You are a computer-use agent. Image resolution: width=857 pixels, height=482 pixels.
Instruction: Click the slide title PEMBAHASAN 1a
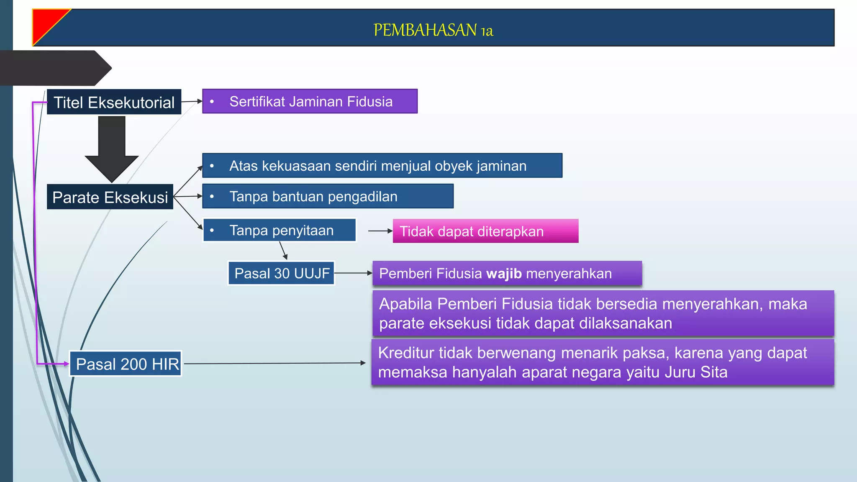pos(433,30)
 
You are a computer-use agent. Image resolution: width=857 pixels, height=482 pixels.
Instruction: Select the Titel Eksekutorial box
pos(114,102)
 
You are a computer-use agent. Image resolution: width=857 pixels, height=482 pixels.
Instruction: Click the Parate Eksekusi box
pos(110,197)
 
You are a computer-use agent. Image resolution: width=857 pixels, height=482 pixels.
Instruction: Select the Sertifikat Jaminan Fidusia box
pos(310,101)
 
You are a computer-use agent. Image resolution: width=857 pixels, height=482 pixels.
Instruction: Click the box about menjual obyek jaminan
pos(382,166)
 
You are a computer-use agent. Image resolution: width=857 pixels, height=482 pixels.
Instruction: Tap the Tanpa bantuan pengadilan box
pos(327,196)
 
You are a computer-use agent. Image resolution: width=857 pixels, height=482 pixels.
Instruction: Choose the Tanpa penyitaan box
pos(280,230)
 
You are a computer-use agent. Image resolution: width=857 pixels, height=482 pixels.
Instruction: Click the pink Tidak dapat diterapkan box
pos(485,231)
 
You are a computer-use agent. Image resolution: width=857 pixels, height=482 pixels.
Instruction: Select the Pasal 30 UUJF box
pos(281,273)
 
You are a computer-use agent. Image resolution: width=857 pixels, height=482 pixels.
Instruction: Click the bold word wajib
pos(503,274)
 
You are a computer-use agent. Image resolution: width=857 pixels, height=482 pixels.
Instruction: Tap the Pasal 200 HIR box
pos(126,364)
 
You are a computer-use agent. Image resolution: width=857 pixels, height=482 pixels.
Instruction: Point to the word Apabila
pos(405,304)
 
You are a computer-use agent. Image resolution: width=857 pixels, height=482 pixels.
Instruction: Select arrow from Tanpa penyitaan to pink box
pos(380,231)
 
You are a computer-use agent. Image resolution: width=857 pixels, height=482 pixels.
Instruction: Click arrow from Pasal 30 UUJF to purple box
pos(353,273)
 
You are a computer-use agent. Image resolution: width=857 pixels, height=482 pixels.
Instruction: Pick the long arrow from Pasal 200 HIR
pos(274,364)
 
